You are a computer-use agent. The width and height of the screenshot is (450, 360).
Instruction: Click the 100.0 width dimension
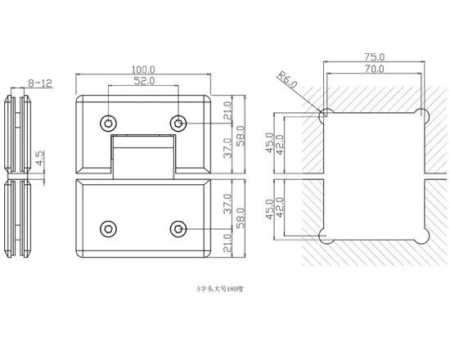point(143,70)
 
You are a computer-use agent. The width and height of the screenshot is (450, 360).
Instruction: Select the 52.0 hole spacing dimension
point(144,81)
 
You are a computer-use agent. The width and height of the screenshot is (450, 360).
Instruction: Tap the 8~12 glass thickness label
point(40,83)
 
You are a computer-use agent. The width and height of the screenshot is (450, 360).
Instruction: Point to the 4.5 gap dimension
point(40,158)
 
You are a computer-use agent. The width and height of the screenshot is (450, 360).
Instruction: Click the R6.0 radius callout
point(286,79)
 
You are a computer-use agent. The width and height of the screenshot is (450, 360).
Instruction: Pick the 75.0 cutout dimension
point(374,57)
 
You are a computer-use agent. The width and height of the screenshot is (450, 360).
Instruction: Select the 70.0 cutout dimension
point(374,69)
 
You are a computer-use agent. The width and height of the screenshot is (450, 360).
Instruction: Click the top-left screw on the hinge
point(108,124)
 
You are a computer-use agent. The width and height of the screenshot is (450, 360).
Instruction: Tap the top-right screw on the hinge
point(178,124)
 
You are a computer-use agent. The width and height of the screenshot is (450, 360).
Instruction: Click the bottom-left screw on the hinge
point(108,229)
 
